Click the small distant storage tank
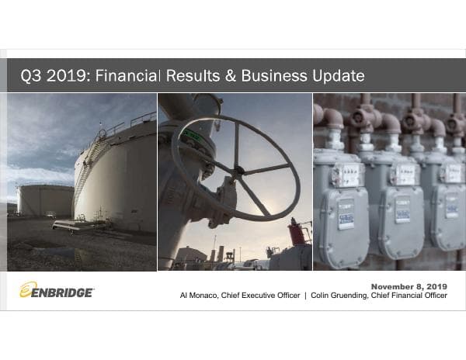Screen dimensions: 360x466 click(45, 199)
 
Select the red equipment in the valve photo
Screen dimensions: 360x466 click(295, 233)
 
